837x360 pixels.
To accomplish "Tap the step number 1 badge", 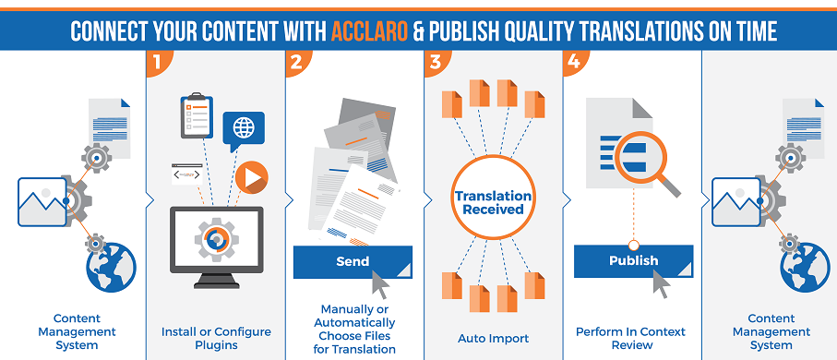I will point(158,63).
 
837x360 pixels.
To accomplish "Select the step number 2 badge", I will point(297,63).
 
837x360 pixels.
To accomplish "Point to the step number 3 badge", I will point(436,63).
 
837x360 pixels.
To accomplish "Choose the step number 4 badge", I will point(575,63).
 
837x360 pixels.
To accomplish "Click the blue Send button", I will point(353,262).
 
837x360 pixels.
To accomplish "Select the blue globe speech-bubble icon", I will point(244,129).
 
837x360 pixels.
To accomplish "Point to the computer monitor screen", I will point(216,238).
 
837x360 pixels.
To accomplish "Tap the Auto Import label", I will point(493,338).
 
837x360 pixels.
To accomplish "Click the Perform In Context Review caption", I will point(632,338).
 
